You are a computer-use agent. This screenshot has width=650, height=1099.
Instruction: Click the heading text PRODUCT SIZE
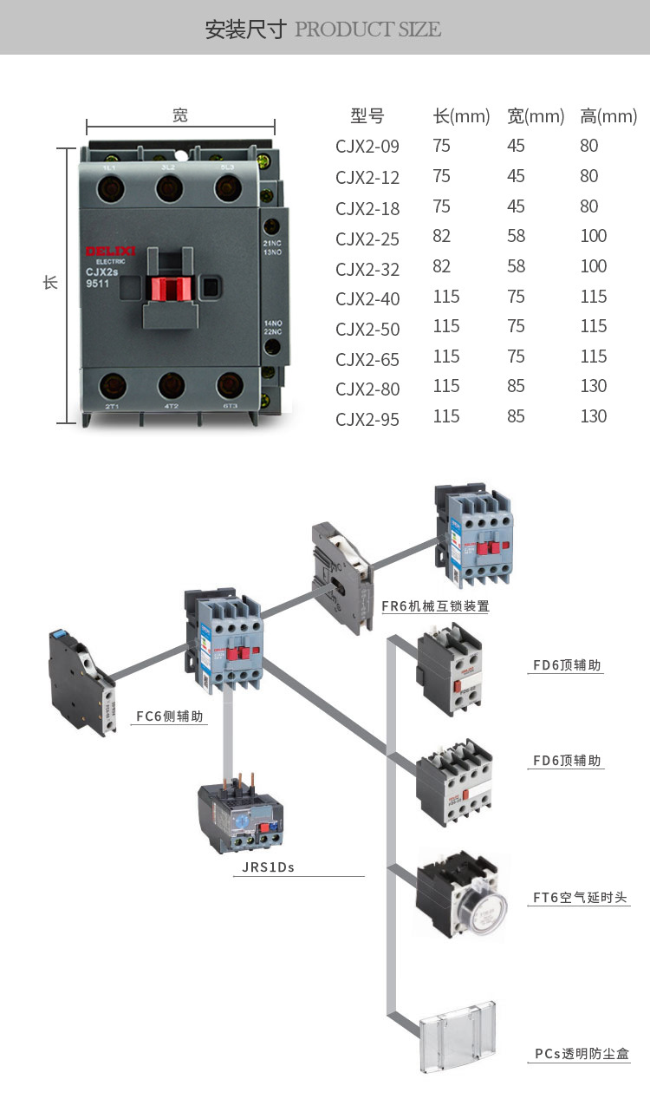click(x=367, y=29)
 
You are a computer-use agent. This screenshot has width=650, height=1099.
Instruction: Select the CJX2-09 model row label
click(x=367, y=147)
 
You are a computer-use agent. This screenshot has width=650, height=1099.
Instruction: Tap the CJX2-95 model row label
click(x=367, y=419)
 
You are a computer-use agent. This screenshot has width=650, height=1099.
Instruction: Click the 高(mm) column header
click(x=608, y=116)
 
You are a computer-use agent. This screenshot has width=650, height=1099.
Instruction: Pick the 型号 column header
click(x=367, y=116)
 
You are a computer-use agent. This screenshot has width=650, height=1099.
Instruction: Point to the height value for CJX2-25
click(x=594, y=236)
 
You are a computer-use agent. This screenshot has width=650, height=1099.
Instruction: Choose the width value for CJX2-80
click(x=516, y=386)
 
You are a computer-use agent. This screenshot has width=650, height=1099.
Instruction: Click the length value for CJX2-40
click(x=446, y=297)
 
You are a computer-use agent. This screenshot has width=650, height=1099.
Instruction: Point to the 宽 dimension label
click(x=180, y=114)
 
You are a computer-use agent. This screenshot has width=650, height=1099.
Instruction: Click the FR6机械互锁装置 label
click(x=435, y=606)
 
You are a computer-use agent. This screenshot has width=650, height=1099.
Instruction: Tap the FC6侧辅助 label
click(x=169, y=717)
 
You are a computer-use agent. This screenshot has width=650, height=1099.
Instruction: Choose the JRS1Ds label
click(x=263, y=867)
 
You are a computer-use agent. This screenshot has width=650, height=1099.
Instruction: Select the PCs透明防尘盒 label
click(x=581, y=1054)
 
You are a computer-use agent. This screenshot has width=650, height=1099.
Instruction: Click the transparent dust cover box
click(x=457, y=1037)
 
